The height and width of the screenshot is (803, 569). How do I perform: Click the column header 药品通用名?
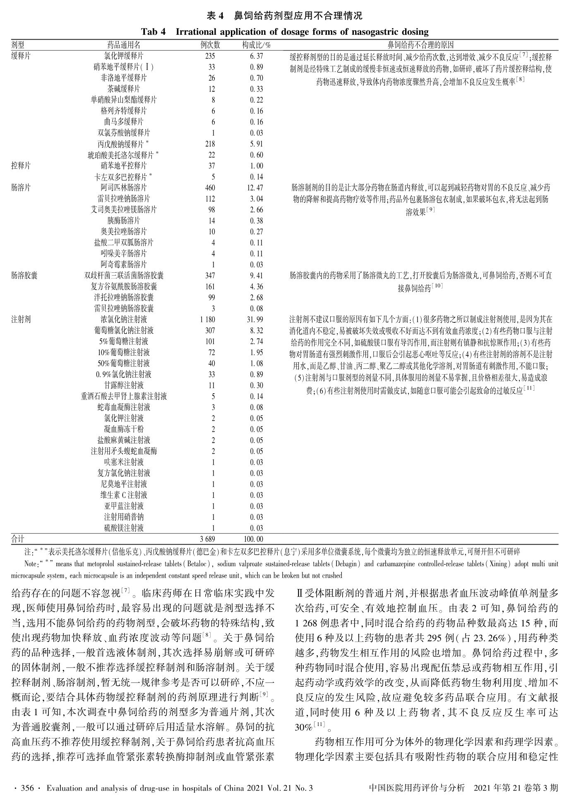124,45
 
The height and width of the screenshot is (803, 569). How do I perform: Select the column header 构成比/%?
256,45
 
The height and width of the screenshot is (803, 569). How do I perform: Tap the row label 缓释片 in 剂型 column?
21,56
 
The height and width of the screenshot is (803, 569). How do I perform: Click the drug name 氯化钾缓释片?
124,56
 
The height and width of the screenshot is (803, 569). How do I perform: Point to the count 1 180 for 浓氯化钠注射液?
207,320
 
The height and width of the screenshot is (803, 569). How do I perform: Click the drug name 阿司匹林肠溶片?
124,188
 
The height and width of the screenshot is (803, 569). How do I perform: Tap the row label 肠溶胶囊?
24,276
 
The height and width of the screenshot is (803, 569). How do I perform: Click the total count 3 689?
208,539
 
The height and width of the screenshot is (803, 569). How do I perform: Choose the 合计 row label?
18,539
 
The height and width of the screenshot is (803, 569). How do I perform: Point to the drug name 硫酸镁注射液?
124,528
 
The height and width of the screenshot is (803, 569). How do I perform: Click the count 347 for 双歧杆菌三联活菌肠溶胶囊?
210,276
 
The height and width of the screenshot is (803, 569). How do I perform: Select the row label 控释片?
21,166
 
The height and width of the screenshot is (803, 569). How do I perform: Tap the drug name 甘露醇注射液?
124,385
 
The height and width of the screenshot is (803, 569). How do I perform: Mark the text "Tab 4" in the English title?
154,32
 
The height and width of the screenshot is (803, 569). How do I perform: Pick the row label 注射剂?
21,320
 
